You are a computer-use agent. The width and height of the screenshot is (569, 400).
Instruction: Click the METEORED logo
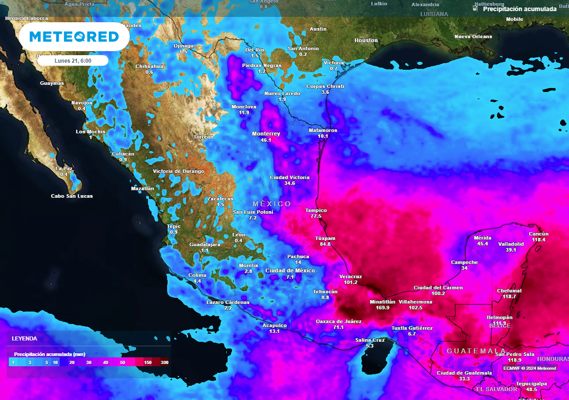[74, 37]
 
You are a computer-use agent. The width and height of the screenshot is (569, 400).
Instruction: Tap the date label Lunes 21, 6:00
[73, 61]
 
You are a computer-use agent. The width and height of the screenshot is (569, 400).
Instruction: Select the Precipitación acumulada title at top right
[519, 9]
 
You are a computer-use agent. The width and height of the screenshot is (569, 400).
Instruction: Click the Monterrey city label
[266, 134]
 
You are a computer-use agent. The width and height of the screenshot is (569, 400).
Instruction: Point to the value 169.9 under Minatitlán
[383, 308]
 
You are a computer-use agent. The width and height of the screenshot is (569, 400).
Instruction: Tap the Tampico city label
[316, 211]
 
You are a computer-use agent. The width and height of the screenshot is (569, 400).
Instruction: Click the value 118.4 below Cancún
[538, 240]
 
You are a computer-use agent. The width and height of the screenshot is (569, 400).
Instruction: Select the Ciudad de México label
[290, 271]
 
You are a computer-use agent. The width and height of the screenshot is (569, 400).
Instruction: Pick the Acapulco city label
[274, 326]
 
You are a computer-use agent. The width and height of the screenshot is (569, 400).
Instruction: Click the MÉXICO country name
[272, 204]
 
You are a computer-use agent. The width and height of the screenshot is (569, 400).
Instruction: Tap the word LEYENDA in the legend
[24, 338]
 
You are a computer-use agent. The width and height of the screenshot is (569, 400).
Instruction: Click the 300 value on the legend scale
[164, 362]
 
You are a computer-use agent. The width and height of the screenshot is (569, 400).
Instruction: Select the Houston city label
[366, 41]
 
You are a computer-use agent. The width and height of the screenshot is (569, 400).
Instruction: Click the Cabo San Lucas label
[72, 196]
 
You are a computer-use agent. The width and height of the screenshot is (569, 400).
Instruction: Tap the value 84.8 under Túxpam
[325, 244]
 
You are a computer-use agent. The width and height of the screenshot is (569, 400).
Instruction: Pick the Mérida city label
[483, 238]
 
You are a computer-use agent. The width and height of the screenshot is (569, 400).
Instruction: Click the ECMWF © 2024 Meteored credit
[530, 368]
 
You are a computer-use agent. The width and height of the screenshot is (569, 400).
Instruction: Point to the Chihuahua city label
[149, 66]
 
